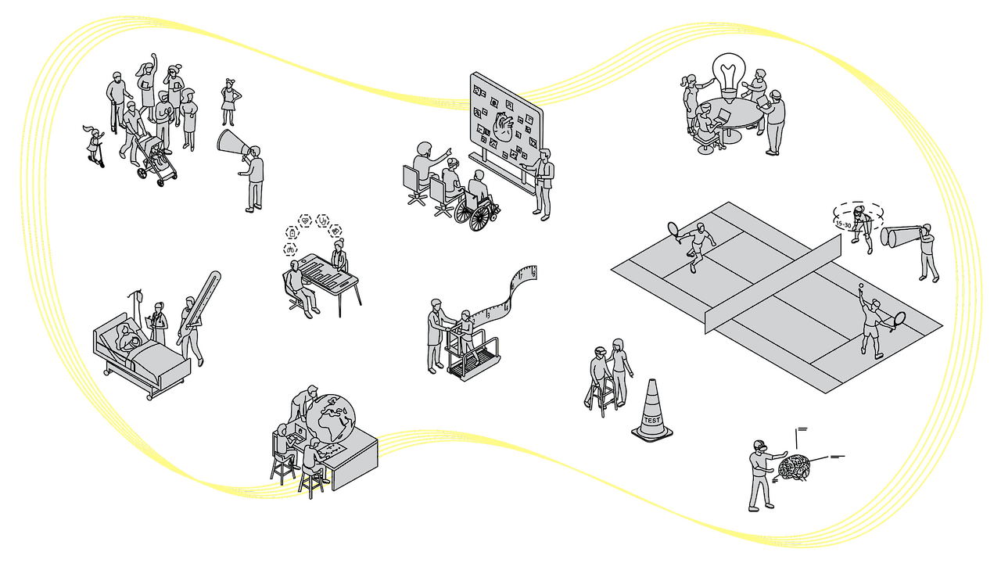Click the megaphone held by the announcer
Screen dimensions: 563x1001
click(234, 144)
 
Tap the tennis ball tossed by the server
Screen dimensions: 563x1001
click(859, 287)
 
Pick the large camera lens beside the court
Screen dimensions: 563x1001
click(896, 235)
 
